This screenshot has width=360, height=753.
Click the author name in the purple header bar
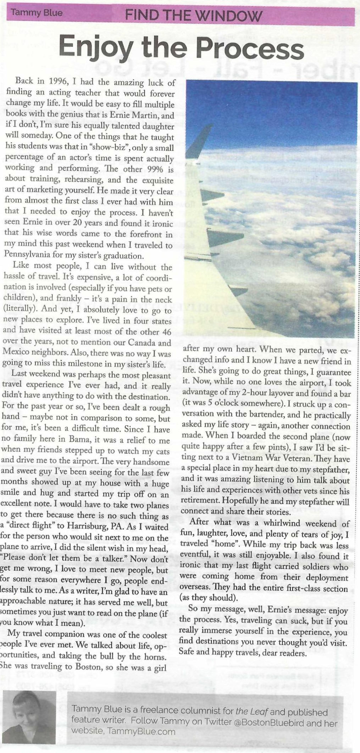click(x=37, y=13)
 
